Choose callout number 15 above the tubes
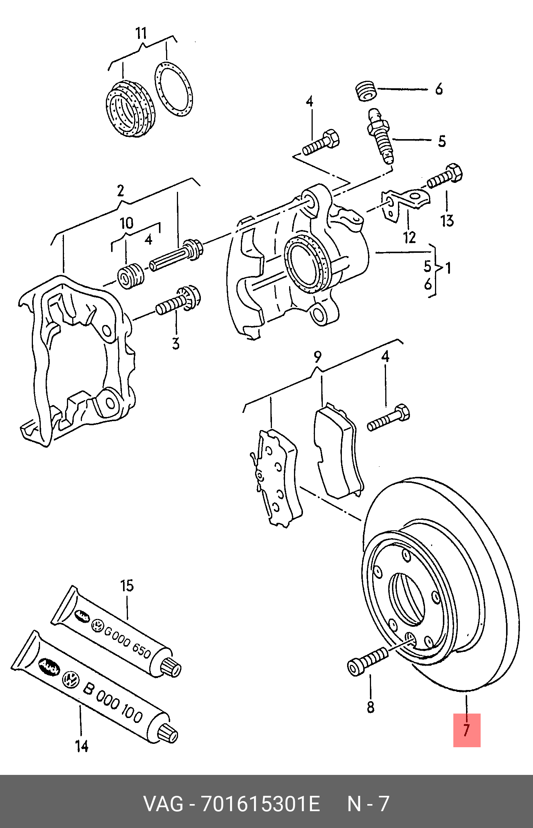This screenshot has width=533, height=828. (127, 585)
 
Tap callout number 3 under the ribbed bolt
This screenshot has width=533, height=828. (175, 343)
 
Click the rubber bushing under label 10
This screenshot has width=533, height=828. (131, 276)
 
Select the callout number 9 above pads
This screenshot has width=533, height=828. (317, 357)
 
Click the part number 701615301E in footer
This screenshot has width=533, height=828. (260, 804)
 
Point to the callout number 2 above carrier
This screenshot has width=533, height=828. (120, 191)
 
